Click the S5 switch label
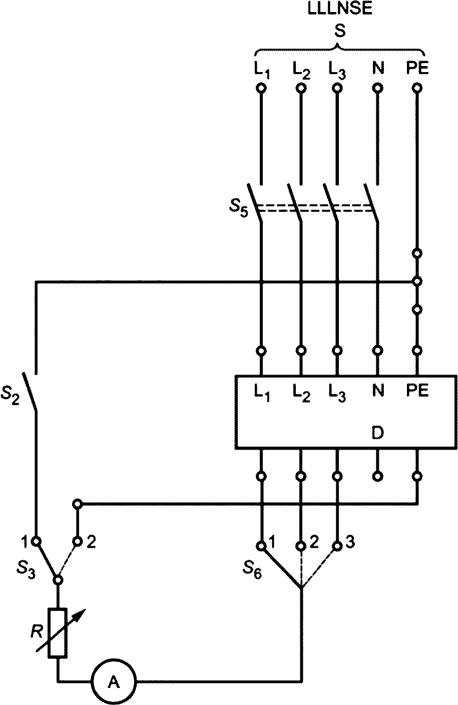(238, 208)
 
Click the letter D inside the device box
(377, 433)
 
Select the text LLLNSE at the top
(340, 9)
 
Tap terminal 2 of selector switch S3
(78, 541)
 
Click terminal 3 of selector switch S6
(337, 545)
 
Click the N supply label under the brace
(378, 68)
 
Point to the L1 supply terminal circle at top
(261, 88)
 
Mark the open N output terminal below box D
(377, 485)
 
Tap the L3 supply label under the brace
(337, 70)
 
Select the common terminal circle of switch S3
(58, 579)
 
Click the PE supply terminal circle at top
(417, 88)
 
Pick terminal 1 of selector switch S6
(261, 545)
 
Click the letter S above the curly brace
(340, 32)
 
